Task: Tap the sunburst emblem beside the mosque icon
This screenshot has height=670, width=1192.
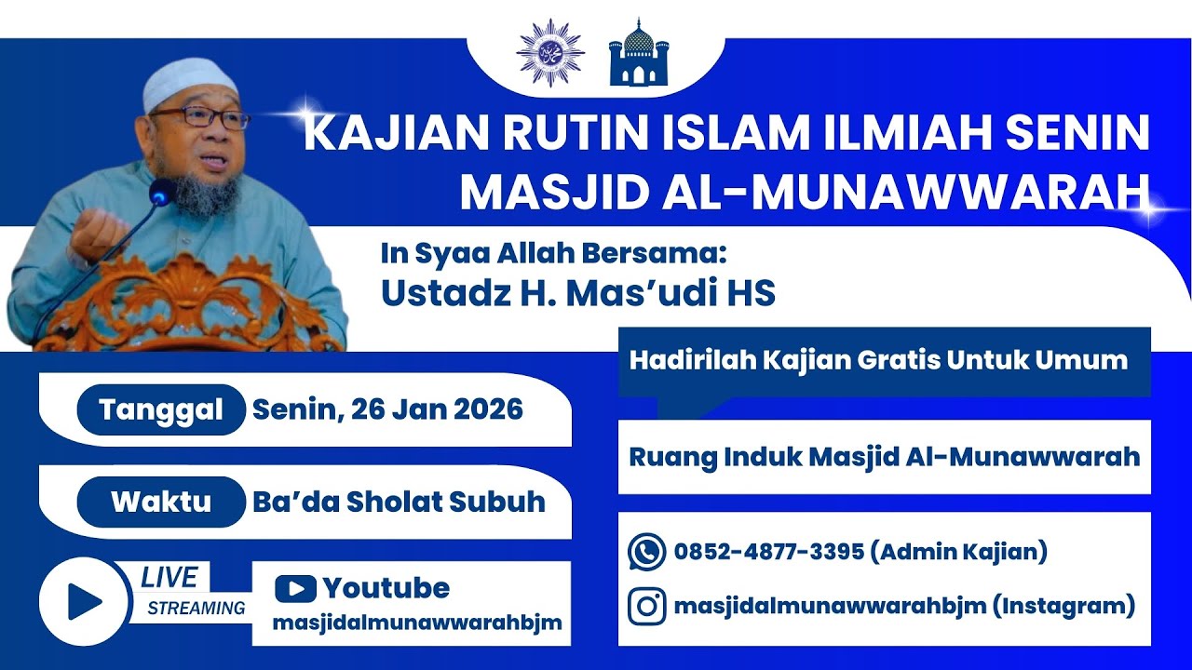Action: click(549, 52)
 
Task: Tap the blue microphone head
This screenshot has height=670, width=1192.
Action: click(162, 192)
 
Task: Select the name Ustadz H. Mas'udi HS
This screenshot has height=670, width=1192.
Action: click(577, 292)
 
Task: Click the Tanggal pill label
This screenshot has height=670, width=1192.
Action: click(161, 410)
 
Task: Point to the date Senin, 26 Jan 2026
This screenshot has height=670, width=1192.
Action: click(387, 409)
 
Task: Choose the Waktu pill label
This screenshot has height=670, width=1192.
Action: click(161, 502)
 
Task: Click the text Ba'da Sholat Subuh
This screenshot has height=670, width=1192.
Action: click(399, 502)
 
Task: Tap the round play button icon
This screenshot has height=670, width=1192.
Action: click(85, 602)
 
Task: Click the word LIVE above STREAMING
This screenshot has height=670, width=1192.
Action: click(169, 578)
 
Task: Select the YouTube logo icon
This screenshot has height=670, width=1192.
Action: click(295, 588)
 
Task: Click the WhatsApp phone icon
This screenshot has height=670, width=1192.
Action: click(646, 552)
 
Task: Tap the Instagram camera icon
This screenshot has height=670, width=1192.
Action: click(646, 607)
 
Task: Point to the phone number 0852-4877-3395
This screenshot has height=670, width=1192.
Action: click(768, 552)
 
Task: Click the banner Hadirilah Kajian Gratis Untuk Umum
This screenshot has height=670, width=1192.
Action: click(878, 360)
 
